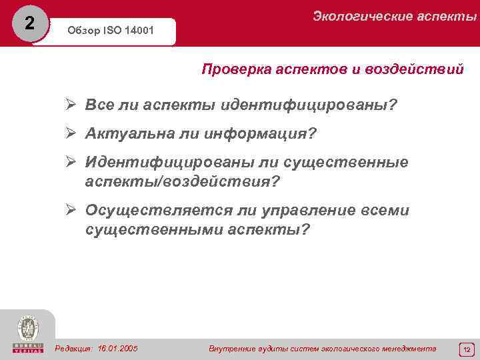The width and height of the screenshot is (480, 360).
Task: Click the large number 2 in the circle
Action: coord(29,24)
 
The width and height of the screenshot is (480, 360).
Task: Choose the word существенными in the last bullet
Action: coord(151,229)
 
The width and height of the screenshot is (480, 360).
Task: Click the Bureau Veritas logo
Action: coord(27,334)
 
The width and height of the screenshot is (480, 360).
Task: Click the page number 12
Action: coord(467,349)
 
